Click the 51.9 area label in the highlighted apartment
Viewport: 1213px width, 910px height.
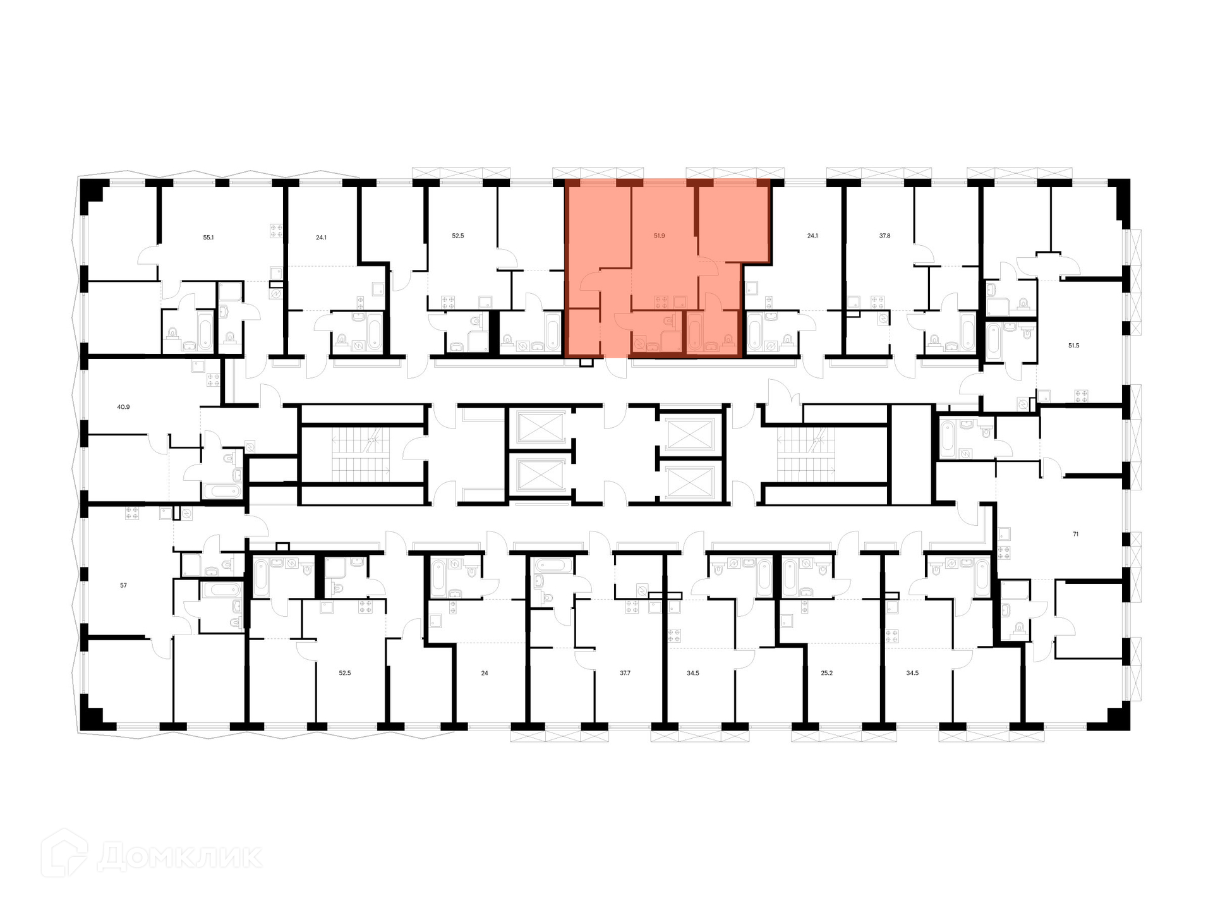(659, 236)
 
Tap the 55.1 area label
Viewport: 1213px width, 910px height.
(208, 238)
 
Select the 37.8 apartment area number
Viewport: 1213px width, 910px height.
(884, 236)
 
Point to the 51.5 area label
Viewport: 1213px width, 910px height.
(1073, 346)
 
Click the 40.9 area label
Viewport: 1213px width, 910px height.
(123, 407)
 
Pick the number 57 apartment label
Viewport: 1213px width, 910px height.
(123, 585)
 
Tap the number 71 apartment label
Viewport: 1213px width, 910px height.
(1075, 534)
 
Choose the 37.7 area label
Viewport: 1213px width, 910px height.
(625, 673)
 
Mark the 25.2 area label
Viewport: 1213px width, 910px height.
(826, 673)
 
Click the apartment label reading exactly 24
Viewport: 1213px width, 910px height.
(485, 673)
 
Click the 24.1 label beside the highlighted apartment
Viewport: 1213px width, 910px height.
(812, 236)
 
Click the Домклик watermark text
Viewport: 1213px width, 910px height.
(180, 857)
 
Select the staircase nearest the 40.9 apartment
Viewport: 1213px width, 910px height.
(362, 454)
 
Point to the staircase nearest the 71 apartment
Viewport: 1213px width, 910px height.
(806, 454)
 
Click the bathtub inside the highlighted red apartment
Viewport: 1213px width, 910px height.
(694, 332)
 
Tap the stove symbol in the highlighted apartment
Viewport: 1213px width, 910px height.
(661, 302)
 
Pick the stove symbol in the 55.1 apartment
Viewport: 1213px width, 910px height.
(276, 231)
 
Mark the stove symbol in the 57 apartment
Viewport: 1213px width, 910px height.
(132, 513)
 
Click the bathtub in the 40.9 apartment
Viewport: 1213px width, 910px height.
(222, 492)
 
